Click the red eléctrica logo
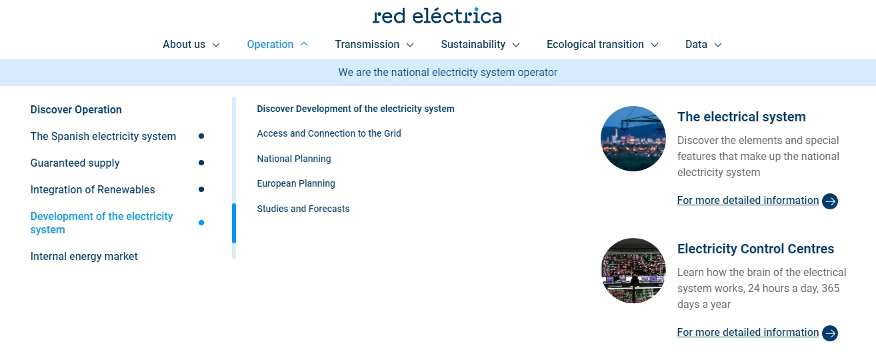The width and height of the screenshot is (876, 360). (437, 15)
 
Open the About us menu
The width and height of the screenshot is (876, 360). (184, 45)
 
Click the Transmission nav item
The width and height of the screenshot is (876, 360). (367, 45)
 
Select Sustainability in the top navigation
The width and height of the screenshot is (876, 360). (473, 45)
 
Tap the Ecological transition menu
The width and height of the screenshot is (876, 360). (595, 45)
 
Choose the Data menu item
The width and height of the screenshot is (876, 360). (696, 45)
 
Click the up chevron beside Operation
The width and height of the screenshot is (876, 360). (304, 44)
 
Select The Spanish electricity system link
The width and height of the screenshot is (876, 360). (103, 137)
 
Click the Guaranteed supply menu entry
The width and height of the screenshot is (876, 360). (75, 163)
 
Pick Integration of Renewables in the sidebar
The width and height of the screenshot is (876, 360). (93, 189)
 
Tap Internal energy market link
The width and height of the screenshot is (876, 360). (84, 257)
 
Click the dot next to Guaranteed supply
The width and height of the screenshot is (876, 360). (201, 163)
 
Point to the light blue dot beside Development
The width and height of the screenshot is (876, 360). (201, 223)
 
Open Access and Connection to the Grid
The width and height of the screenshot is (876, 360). (329, 134)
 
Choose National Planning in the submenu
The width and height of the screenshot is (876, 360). (294, 159)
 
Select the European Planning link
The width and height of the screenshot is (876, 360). (296, 184)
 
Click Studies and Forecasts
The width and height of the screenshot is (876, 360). (303, 209)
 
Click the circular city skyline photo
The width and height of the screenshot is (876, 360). (633, 139)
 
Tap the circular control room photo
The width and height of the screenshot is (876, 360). (633, 271)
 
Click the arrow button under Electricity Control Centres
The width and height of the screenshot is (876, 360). (830, 333)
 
